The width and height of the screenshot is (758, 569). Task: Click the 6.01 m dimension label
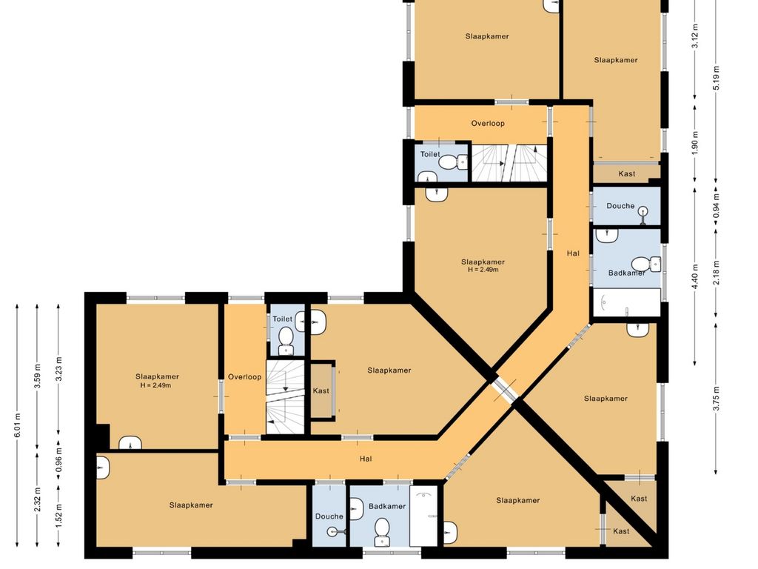click(x=18, y=425)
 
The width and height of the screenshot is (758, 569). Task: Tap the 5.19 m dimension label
click(x=716, y=77)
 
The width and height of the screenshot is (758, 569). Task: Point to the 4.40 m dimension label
click(x=695, y=276)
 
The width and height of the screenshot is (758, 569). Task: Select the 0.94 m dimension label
click(x=716, y=205)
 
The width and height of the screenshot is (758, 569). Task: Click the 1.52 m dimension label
click(x=58, y=516)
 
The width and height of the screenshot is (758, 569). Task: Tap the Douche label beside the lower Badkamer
click(x=329, y=516)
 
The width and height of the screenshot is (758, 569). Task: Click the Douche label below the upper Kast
click(x=620, y=206)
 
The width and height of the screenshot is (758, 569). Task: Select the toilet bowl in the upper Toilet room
click(x=449, y=162)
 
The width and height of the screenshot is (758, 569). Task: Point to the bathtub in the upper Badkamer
click(x=626, y=302)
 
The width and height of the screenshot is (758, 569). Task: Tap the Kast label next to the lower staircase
click(x=321, y=390)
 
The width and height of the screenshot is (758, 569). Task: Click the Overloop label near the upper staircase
click(x=488, y=124)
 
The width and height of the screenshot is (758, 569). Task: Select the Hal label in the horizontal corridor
click(x=366, y=459)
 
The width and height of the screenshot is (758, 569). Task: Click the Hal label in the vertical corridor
click(x=573, y=253)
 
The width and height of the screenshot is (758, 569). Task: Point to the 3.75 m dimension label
click(x=716, y=398)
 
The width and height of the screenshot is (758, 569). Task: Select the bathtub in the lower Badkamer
click(x=423, y=516)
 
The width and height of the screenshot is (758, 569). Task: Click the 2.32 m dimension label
click(x=38, y=500)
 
